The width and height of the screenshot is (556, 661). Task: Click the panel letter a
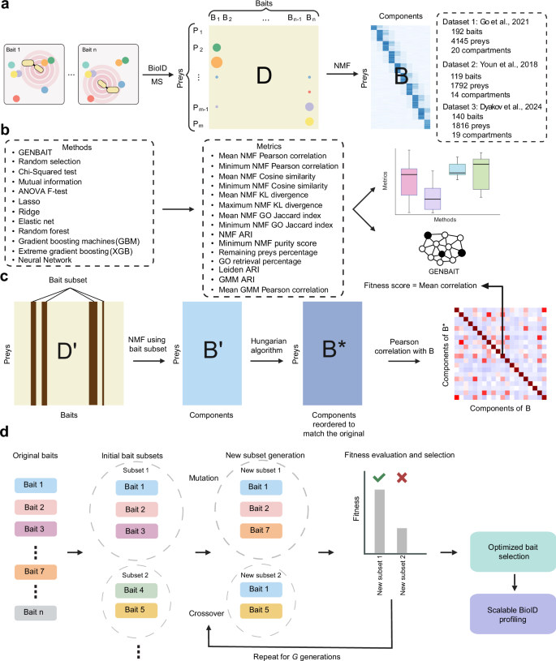[6, 6]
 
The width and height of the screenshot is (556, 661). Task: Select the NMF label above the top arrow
[343, 62]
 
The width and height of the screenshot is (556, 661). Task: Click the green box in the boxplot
[484, 177]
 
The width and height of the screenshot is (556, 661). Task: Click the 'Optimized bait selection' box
[501, 552]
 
